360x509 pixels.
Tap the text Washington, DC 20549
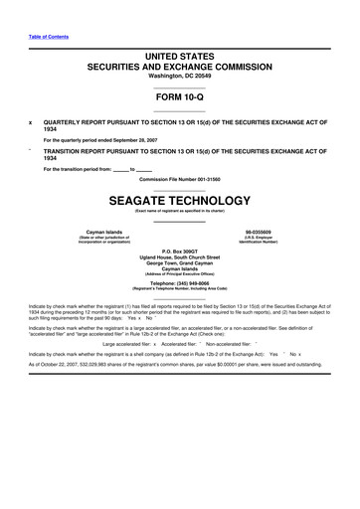pyautogui.click(x=179, y=64)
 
